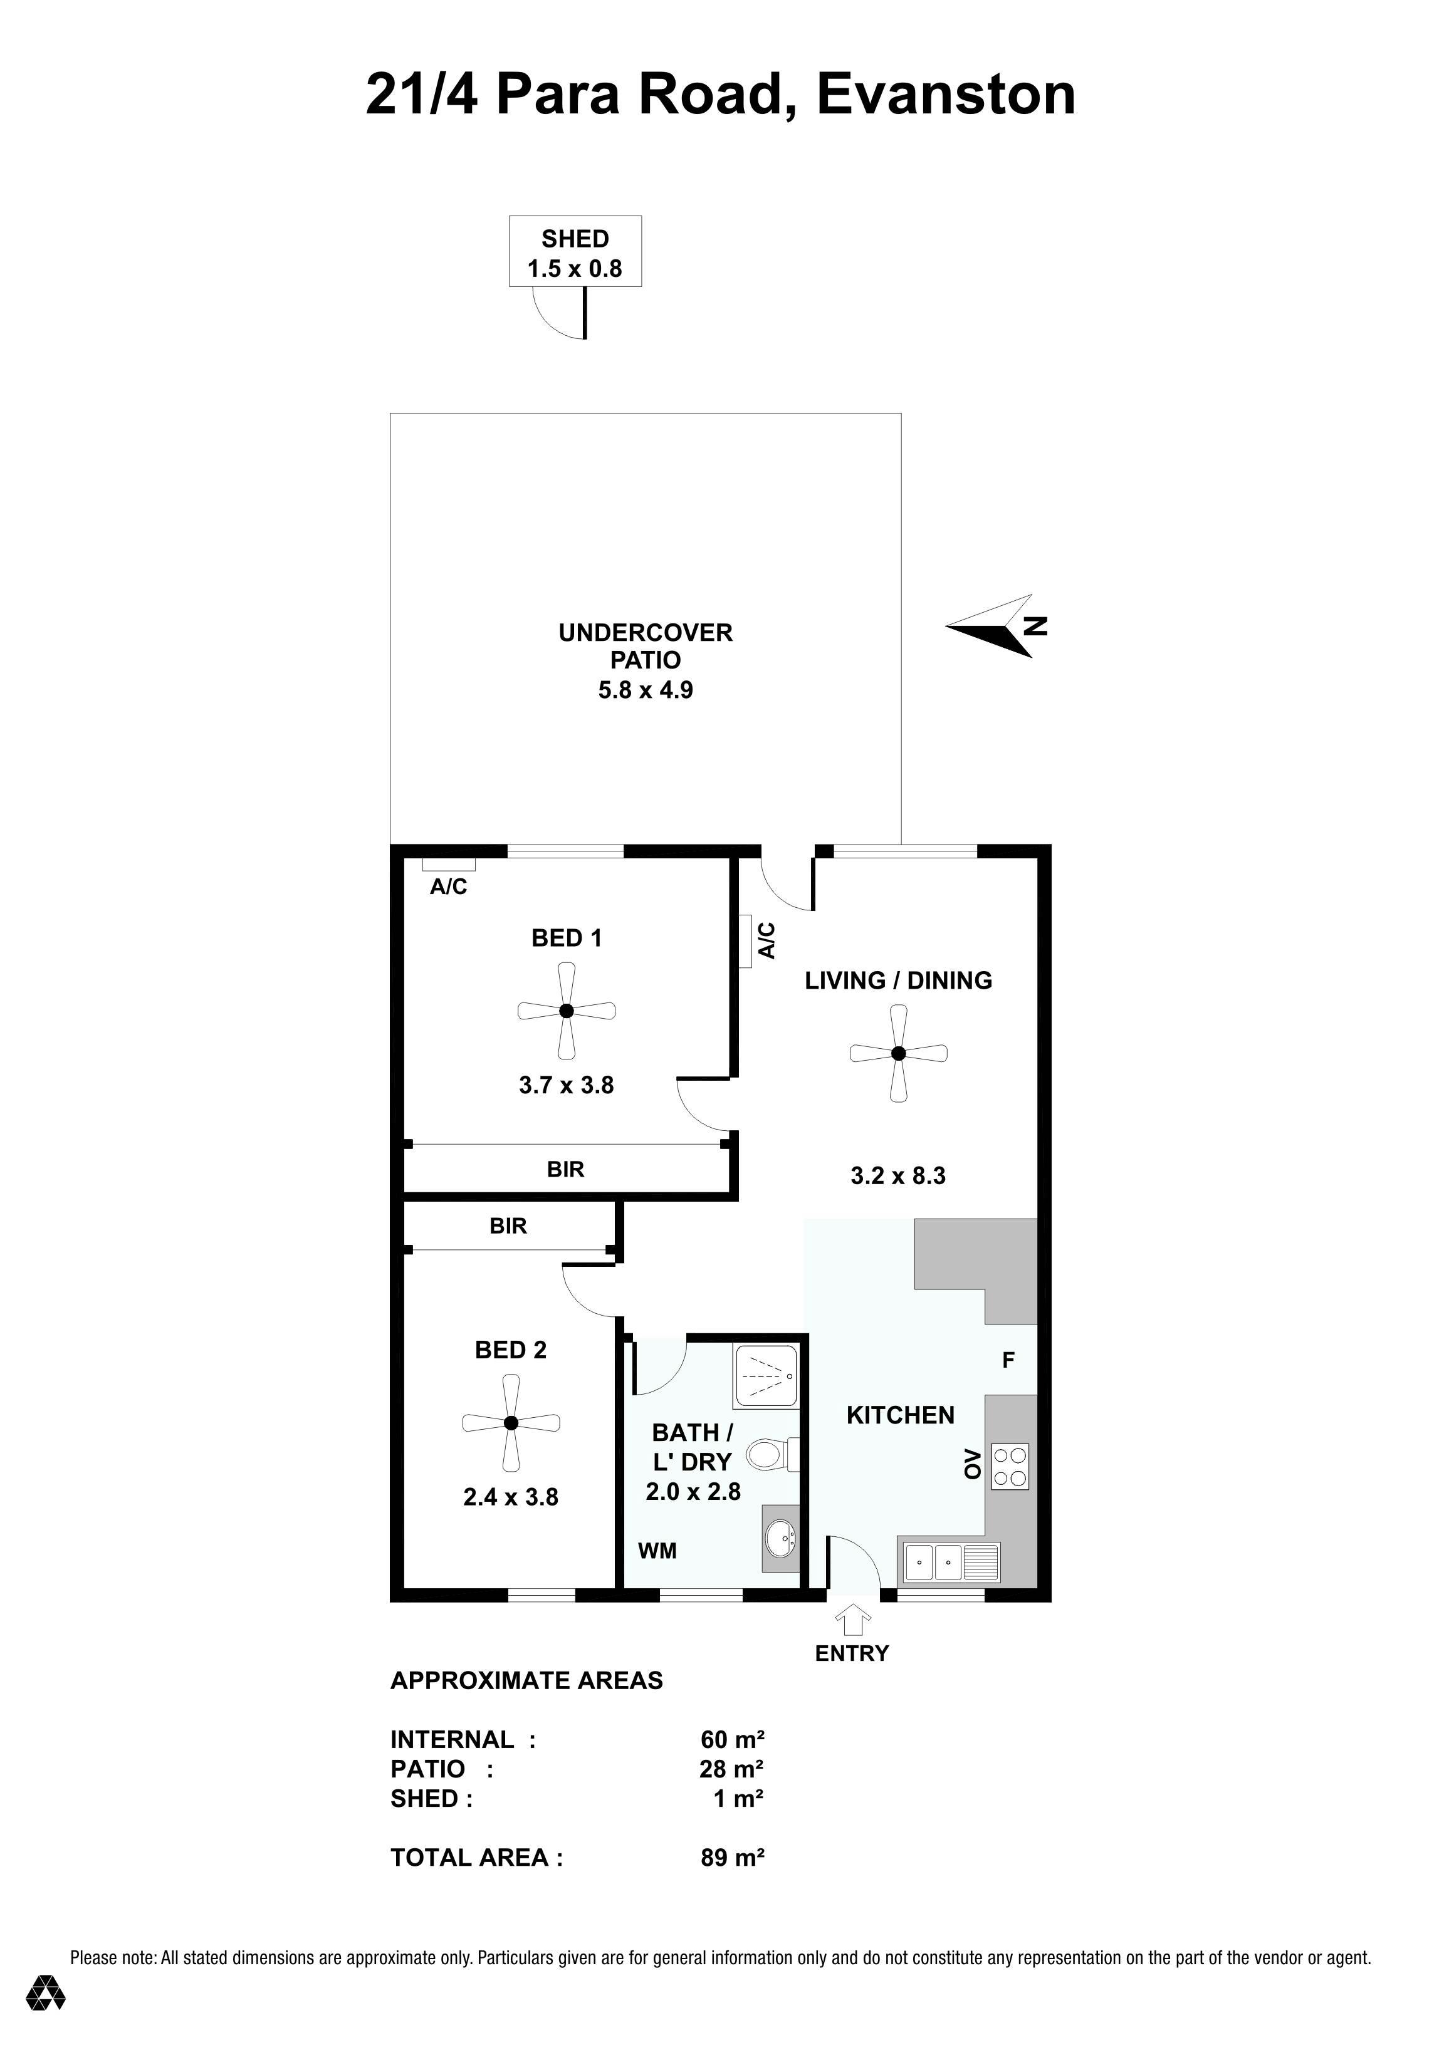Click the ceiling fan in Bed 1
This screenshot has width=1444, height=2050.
(x=566, y=1011)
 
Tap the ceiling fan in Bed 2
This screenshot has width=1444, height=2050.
(x=511, y=1423)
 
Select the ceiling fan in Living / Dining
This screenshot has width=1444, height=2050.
(x=898, y=1054)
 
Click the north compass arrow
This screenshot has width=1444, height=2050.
(x=996, y=627)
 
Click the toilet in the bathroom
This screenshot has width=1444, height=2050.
(x=772, y=1454)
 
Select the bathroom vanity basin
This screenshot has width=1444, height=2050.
(x=780, y=1538)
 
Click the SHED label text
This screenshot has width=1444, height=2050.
(x=575, y=239)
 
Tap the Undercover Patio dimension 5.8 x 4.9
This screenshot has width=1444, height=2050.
(x=646, y=690)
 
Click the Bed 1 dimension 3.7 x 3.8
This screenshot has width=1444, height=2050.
(x=566, y=1086)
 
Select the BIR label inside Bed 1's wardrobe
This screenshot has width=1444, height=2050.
(x=565, y=1170)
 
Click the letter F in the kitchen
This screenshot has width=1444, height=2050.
(x=1008, y=1361)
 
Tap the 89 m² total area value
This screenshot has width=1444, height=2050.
(x=732, y=1858)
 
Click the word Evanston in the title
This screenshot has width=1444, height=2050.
(x=946, y=95)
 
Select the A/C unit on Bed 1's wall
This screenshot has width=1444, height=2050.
(x=448, y=863)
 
